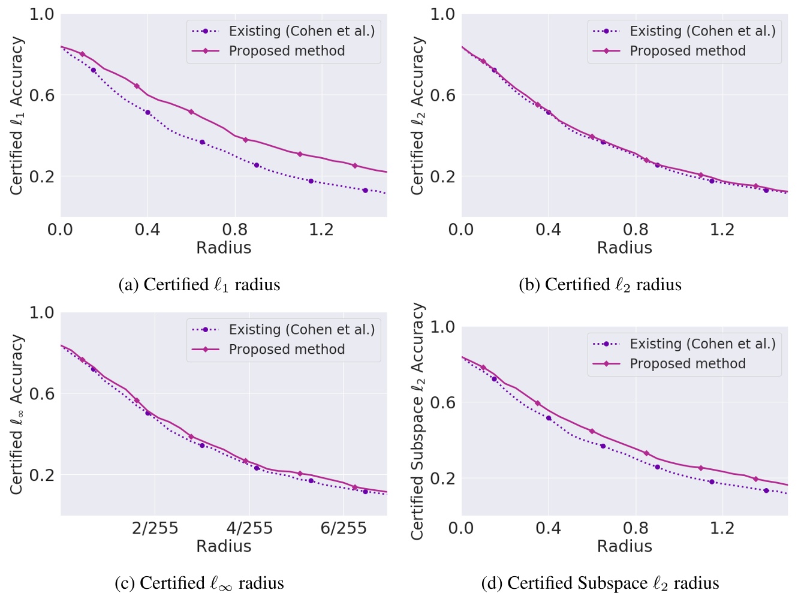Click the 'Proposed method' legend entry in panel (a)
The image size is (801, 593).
287,51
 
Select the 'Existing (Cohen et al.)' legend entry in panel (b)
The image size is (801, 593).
702,31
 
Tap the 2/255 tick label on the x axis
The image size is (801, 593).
155,528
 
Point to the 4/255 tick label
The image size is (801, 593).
249,528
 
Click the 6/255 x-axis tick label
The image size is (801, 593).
344,528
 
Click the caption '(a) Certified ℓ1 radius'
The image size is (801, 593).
199,285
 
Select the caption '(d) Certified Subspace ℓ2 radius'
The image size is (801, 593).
600,583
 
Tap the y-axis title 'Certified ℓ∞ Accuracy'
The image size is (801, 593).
17,414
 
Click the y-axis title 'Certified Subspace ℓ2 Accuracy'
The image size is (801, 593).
418,421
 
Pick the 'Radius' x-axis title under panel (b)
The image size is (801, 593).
624,248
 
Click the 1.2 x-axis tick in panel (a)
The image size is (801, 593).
321,230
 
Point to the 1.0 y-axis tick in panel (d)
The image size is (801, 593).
442,327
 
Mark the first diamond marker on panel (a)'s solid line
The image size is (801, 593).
83,55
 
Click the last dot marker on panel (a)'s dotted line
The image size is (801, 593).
365,191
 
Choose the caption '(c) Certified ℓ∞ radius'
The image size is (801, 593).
199,583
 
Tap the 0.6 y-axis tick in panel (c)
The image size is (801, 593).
42,394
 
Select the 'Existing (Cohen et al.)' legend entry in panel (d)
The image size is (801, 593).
702,344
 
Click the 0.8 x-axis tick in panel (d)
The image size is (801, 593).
636,528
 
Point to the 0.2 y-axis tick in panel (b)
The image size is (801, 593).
442,177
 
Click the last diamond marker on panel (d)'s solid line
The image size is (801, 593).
755,479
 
